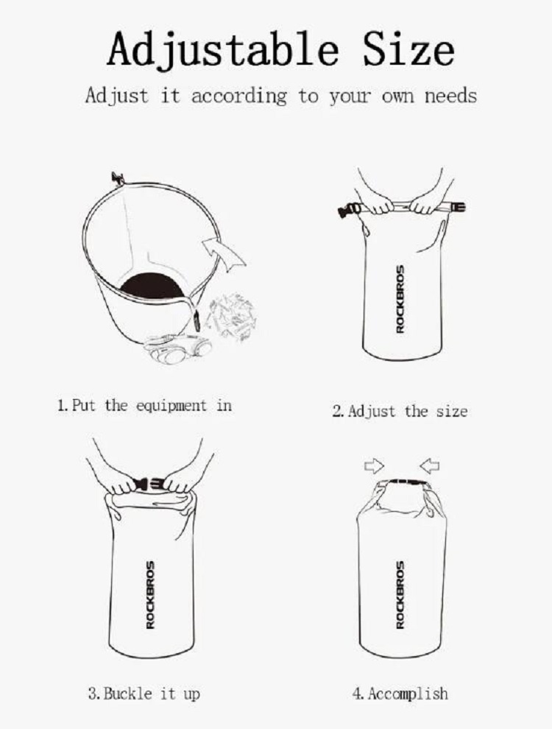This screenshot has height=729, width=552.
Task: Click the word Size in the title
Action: tap(408, 49)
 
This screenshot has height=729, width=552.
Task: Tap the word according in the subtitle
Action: tap(238, 96)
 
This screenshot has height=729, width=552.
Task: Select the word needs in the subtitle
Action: tap(450, 96)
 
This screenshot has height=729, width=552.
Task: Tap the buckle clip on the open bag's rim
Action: tap(118, 178)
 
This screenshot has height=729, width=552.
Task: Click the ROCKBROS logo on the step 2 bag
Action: tap(400, 299)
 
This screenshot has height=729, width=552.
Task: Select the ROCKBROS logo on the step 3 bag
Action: tap(150, 595)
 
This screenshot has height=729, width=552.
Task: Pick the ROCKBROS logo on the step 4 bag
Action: tap(400, 595)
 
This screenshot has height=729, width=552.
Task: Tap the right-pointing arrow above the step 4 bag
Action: tap(374, 465)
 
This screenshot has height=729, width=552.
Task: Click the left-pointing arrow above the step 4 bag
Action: tap(429, 465)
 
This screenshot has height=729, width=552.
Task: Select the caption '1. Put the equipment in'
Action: tap(144, 406)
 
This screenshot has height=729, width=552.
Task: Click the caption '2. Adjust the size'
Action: tap(400, 411)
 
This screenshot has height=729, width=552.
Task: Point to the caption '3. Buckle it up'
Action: tap(144, 694)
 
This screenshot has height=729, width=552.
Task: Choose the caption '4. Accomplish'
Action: tap(400, 694)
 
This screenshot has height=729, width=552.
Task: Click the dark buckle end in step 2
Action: tap(347, 211)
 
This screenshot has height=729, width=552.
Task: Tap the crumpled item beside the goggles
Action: tap(231, 316)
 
